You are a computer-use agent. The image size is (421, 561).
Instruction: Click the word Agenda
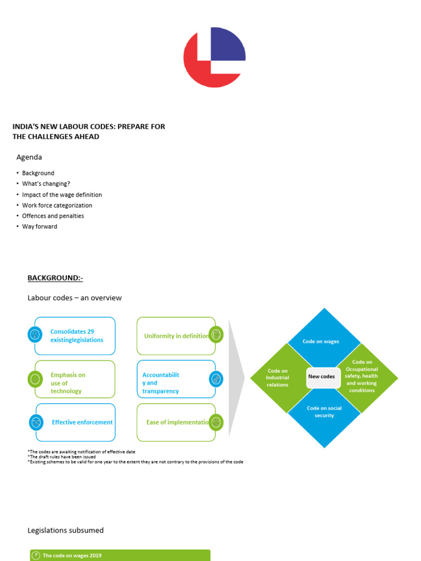pos(29,157)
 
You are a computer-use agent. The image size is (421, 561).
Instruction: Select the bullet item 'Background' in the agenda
pos(38,173)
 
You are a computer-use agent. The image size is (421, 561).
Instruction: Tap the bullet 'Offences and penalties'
pos(53,216)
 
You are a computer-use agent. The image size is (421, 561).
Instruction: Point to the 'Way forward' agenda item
pos(39,226)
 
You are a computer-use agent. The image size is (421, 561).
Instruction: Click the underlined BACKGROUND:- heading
pos(55,278)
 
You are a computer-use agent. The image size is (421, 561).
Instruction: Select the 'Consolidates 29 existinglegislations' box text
pos(76,336)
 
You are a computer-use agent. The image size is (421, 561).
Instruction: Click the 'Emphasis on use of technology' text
pos(67,383)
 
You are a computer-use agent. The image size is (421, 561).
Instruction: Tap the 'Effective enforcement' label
pos(82,422)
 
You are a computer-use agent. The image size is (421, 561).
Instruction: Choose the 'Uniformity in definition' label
pos(176,336)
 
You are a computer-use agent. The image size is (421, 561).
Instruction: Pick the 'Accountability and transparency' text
pos(161,383)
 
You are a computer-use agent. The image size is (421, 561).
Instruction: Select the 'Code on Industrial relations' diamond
pos(277,378)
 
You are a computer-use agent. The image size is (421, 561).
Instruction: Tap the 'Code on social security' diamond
pos(324,412)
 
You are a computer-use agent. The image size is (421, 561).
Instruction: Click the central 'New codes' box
pos(322,377)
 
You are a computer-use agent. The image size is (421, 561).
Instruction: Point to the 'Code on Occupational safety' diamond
pos(362,376)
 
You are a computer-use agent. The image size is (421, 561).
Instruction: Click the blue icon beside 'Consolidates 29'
pos(35,334)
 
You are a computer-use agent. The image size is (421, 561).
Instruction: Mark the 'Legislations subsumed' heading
pos(65,530)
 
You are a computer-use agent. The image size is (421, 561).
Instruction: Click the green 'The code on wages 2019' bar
pos(120,556)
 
